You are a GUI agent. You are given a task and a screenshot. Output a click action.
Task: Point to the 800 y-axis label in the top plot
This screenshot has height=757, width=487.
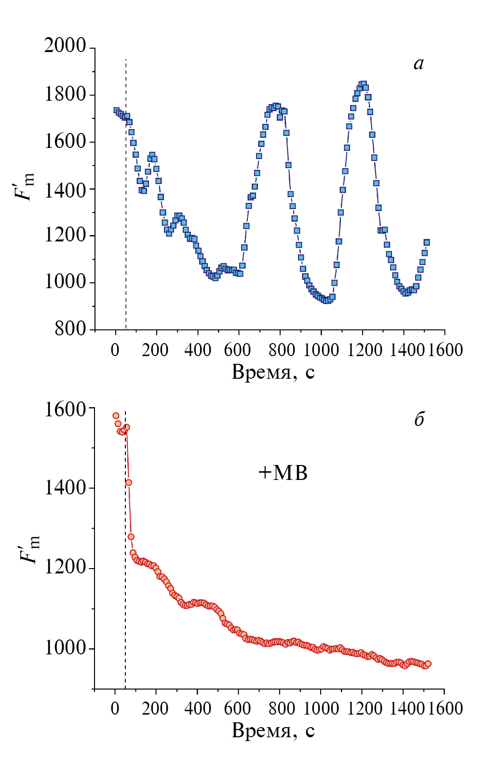coord(70,329)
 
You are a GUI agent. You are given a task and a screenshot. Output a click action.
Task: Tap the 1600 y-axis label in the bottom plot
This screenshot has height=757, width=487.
coord(65,409)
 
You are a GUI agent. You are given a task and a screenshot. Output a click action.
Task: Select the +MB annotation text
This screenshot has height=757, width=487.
coord(283,473)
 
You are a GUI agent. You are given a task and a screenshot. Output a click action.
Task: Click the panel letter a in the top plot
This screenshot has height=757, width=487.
coord(419,64)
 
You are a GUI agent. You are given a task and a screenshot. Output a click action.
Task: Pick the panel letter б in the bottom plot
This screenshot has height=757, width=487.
coord(419,419)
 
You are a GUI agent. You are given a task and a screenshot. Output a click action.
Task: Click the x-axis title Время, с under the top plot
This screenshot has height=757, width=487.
coord(273,372)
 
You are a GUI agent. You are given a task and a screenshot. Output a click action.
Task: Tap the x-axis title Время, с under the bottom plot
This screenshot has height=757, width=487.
coord(273,730)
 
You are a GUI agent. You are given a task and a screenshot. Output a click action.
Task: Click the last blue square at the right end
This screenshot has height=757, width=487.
coord(427,242)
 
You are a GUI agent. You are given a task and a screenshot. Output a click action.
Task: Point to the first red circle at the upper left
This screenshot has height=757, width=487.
coord(116,416)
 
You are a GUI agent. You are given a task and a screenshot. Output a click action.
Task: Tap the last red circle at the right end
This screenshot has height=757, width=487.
coord(428,664)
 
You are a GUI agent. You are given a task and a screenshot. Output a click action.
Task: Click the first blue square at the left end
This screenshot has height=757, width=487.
coord(116,110)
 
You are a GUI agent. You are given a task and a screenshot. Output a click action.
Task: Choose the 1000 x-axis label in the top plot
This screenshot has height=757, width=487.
coord(321,350)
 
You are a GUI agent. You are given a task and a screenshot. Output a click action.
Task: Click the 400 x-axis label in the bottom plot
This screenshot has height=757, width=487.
coord(198,708)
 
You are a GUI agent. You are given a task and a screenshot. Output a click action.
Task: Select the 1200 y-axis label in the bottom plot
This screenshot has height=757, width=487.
coord(65,568)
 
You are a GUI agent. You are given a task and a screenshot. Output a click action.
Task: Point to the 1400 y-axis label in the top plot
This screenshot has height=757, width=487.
coord(65,190)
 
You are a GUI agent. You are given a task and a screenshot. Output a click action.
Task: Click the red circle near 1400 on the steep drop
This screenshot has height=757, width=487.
coord(129,482)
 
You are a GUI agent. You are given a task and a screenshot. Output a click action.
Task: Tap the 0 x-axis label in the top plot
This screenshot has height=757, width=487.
coord(115,350)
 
